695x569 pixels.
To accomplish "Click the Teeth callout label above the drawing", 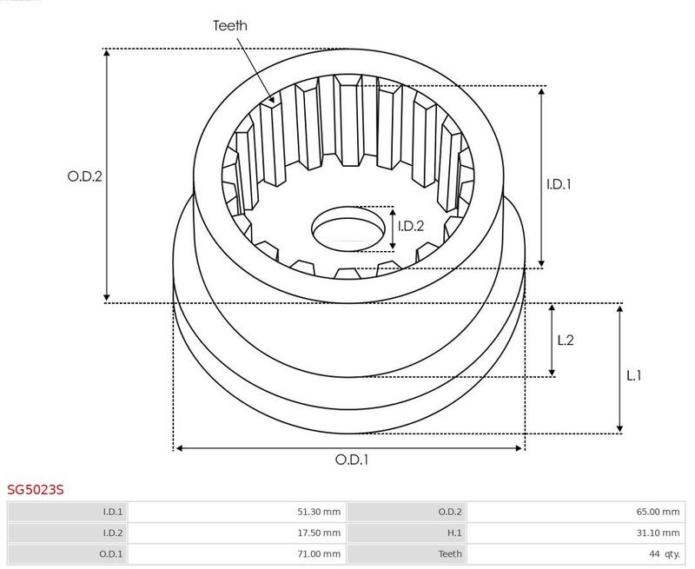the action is [x=230, y=26].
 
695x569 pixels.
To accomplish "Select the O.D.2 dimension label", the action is [x=84, y=176].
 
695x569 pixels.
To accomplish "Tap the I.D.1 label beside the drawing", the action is [x=559, y=184].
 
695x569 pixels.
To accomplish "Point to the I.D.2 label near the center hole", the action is [x=411, y=226].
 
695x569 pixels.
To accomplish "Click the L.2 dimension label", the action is [x=566, y=340].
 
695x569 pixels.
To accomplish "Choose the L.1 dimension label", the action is [x=633, y=376].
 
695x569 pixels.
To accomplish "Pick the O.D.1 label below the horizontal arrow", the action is [x=352, y=460].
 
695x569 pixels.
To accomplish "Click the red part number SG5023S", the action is [x=36, y=490].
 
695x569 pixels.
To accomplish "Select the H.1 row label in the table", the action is [x=454, y=533].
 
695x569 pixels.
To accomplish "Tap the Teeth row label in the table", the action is [x=450, y=554].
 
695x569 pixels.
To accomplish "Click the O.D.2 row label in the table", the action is [x=450, y=512].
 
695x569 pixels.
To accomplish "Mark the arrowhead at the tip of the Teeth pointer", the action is [x=272, y=101].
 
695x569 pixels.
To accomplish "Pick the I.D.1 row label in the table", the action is [x=113, y=512].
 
